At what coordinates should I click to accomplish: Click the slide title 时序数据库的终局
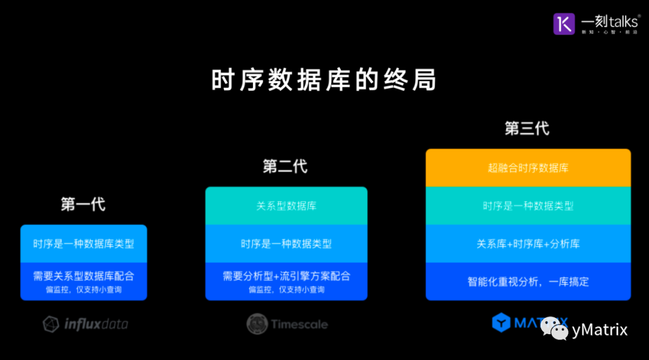point(324,81)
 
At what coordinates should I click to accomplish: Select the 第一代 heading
point(83,204)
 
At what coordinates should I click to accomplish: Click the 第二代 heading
point(285,166)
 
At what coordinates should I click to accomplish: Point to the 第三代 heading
point(527,129)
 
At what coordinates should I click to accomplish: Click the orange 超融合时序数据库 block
point(528,168)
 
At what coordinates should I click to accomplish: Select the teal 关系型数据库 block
point(286,206)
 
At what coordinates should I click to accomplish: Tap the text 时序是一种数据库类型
point(84,244)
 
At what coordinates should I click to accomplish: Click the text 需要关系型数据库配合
point(84,276)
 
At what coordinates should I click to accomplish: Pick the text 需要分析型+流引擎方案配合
point(286,276)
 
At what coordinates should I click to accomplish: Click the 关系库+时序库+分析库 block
point(528,244)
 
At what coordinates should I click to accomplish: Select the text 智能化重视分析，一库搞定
point(528,281)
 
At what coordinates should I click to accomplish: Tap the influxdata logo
point(85,325)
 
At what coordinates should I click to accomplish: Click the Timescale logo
point(287,325)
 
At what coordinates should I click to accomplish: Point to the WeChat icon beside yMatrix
point(554,328)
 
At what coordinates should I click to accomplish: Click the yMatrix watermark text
point(600,329)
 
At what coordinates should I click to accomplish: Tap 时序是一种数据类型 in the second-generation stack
point(286,244)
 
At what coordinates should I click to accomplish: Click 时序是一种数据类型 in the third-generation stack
point(528,206)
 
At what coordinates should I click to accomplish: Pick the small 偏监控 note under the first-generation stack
point(84,290)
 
